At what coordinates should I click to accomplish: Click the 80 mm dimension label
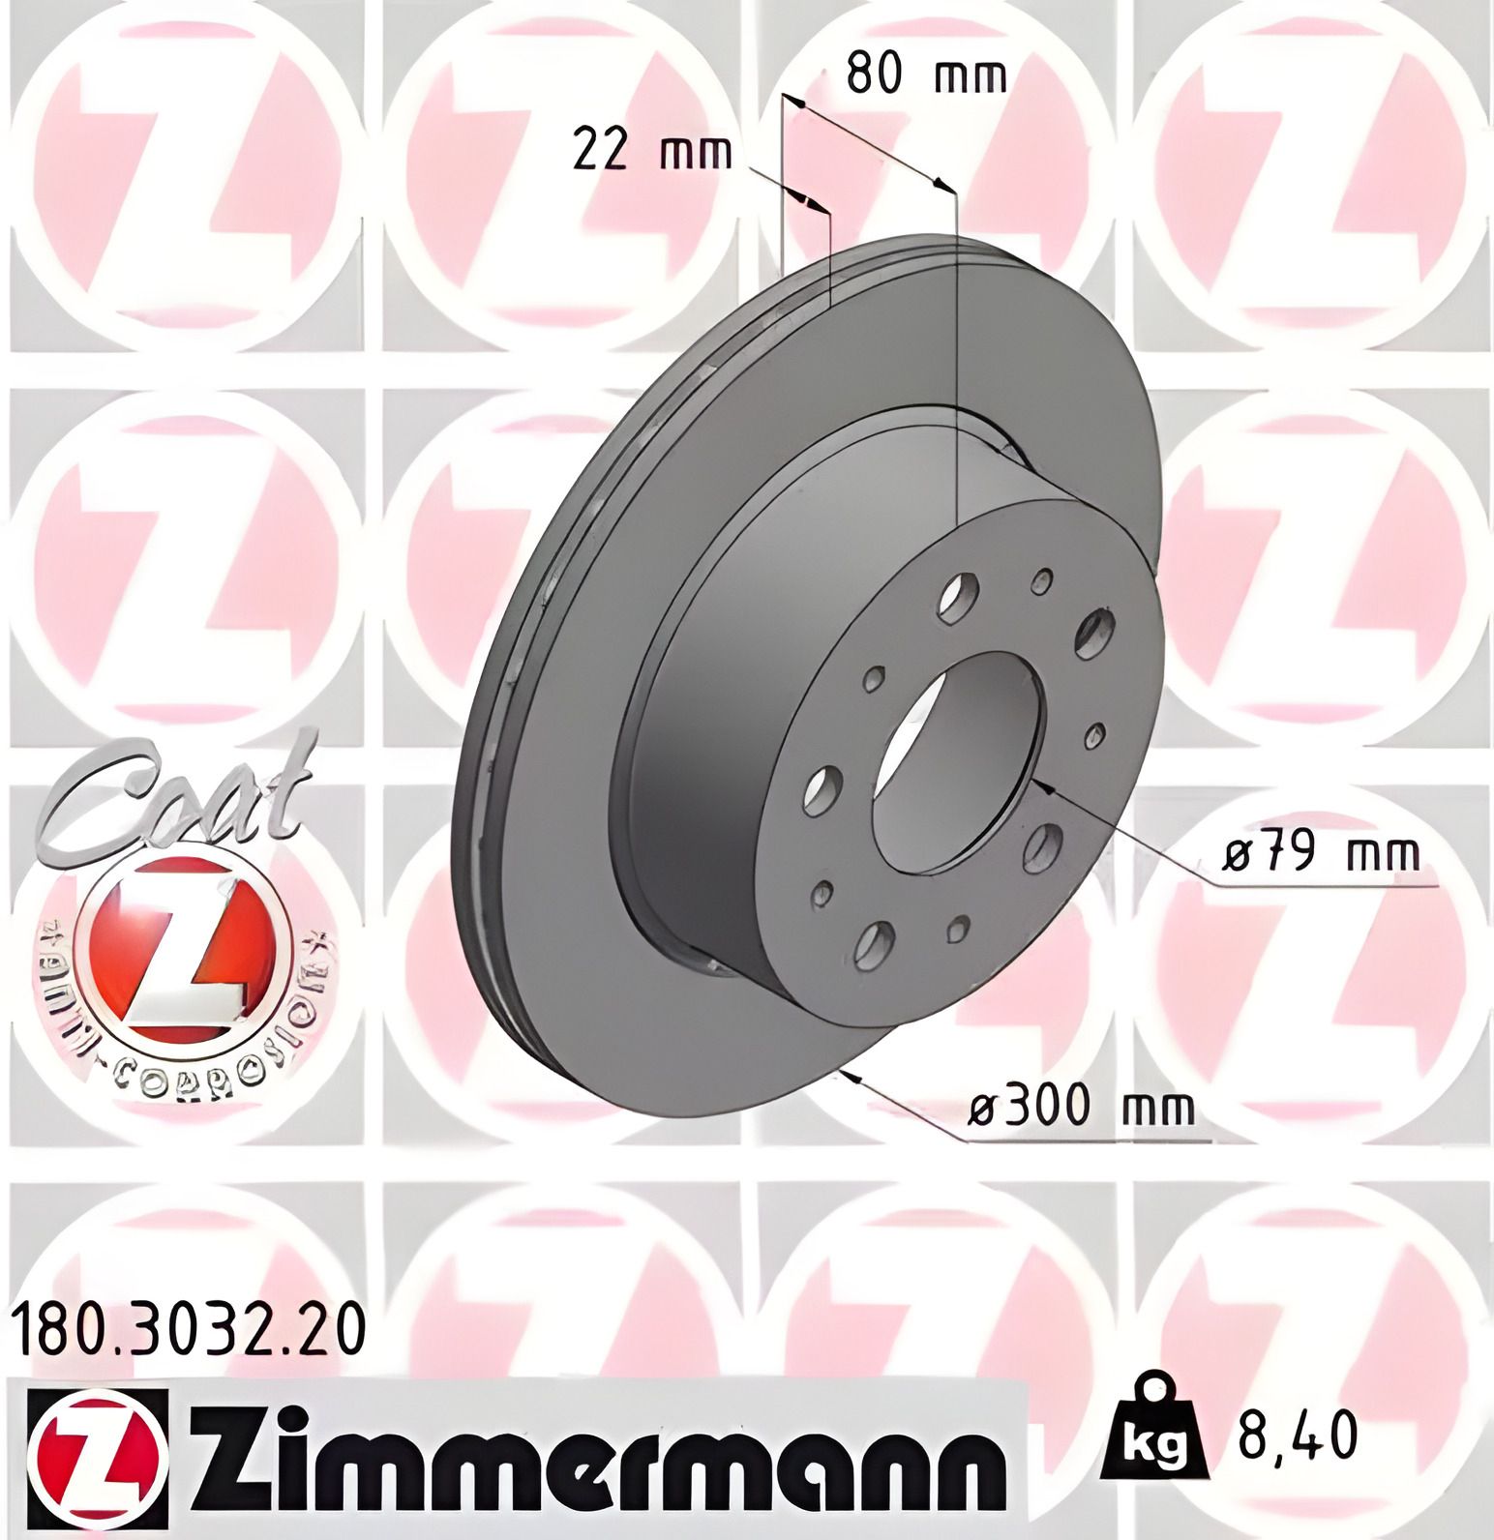926,75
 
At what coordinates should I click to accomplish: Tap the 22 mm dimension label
652,152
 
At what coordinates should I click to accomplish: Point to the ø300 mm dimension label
1082,1106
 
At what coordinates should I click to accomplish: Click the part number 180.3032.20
190,1331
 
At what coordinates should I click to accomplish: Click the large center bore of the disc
958,755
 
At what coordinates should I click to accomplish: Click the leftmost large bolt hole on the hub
820,789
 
